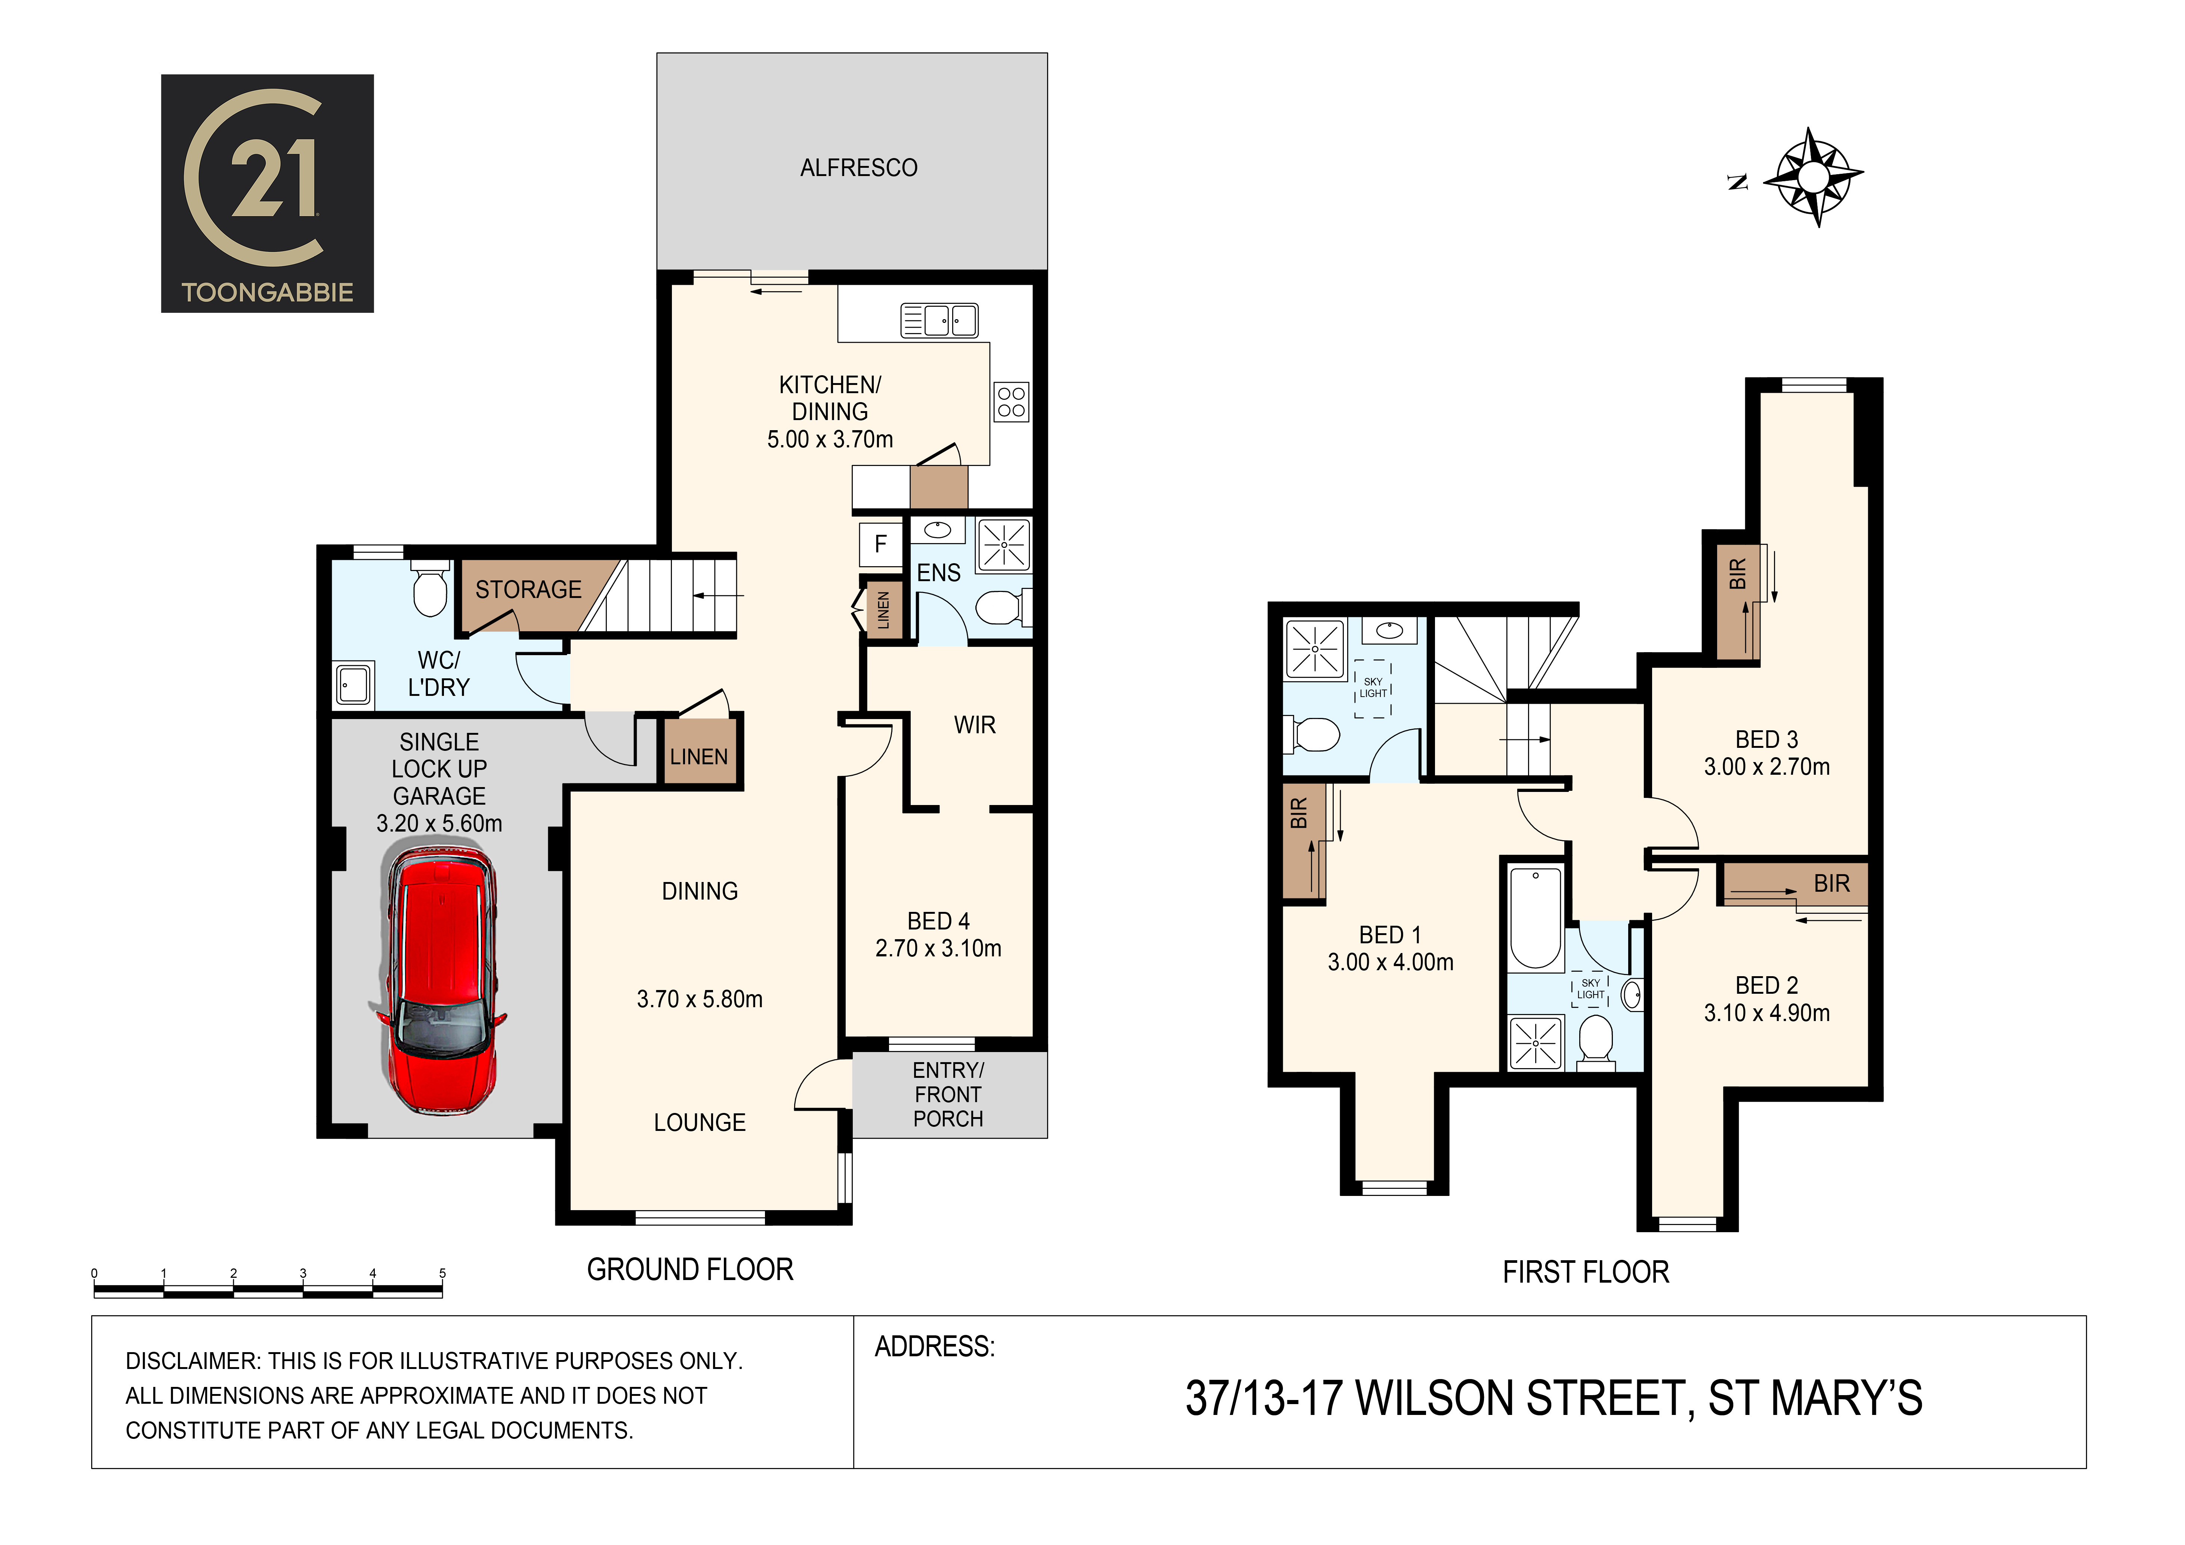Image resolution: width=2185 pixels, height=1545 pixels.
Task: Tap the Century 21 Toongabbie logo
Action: (268, 193)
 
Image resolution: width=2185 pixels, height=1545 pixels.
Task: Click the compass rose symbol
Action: (1813, 177)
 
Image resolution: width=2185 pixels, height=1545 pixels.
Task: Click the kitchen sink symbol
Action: (939, 321)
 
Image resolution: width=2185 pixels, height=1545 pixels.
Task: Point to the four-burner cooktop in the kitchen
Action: (1012, 402)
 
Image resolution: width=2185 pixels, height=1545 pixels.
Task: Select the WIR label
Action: (975, 725)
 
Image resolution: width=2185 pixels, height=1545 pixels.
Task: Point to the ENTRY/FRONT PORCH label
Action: (948, 1095)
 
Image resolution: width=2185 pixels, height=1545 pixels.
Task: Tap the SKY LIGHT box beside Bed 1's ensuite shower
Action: (1372, 688)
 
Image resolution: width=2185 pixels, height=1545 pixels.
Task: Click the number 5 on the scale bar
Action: (442, 1273)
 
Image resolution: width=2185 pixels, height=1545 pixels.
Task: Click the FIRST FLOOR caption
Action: (1586, 1273)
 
